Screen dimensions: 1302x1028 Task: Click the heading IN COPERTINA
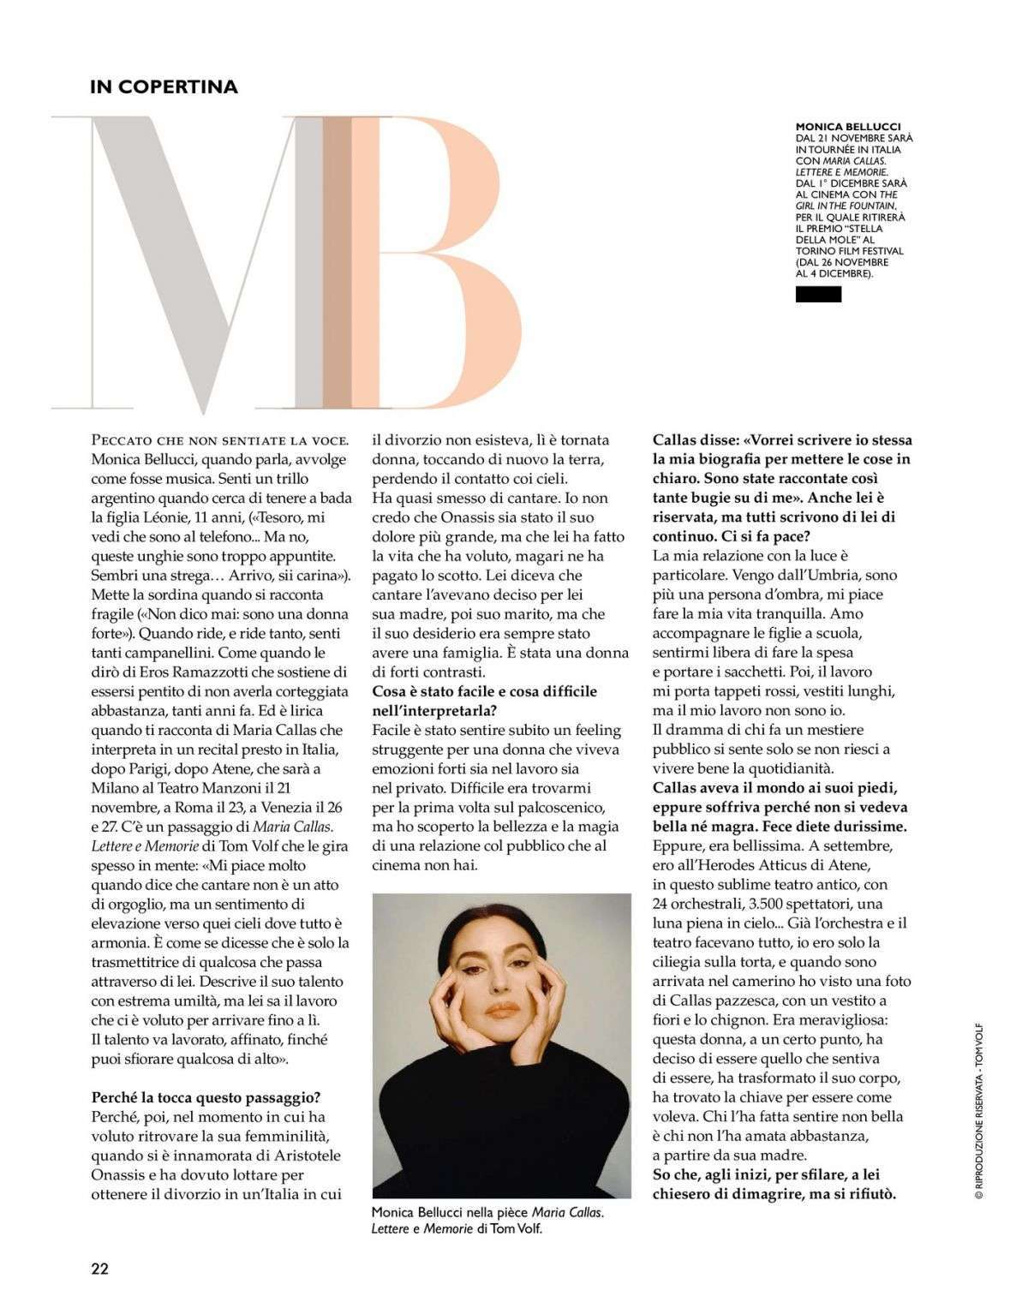pos(164,87)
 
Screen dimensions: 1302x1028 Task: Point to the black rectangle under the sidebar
pos(818,295)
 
